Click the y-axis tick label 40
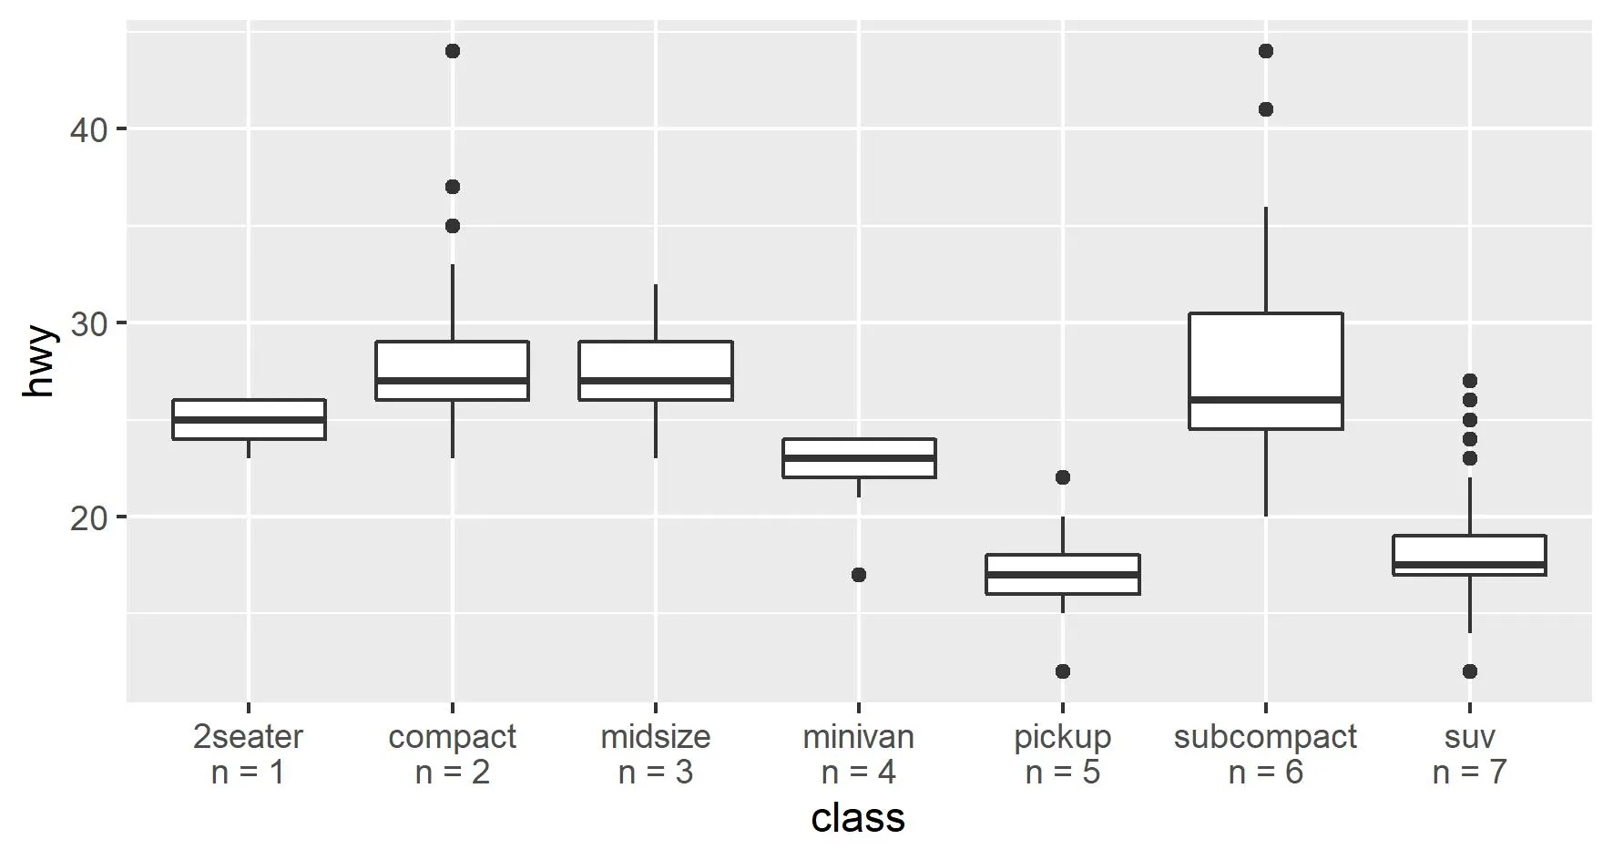pyautogui.click(x=87, y=129)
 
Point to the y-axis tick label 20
pyautogui.click(x=87, y=517)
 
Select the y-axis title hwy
pyautogui.click(x=40, y=363)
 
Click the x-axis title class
pyautogui.click(x=858, y=817)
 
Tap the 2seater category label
pyautogui.click(x=248, y=736)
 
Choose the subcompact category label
pyautogui.click(x=1265, y=736)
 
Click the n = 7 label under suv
pyautogui.click(x=1469, y=773)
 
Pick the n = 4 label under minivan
pyautogui.click(x=858, y=773)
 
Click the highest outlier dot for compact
pyautogui.click(x=453, y=51)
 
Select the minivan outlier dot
pyautogui.click(x=859, y=575)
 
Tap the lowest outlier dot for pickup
pyautogui.click(x=1063, y=671)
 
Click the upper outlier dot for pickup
pyautogui.click(x=1063, y=477)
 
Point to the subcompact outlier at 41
pyautogui.click(x=1266, y=109)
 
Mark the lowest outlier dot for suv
pyautogui.click(x=1470, y=671)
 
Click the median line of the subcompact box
pyautogui.click(x=1266, y=400)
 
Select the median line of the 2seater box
pyautogui.click(x=249, y=420)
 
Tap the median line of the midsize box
pyautogui.click(x=656, y=380)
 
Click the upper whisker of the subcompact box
pyautogui.click(x=1266, y=261)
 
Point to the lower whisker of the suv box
pyautogui.click(x=1470, y=603)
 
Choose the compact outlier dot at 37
pyautogui.click(x=453, y=187)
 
